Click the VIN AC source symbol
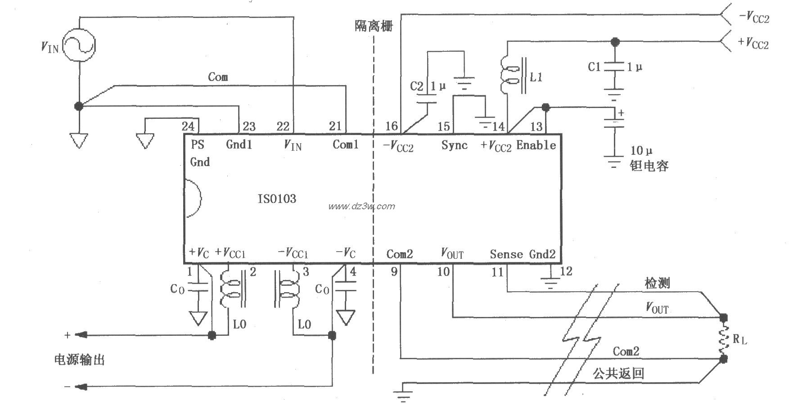coord(79,45)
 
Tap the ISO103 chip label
coord(277,199)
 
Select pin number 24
coord(188,126)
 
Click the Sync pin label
coord(454,145)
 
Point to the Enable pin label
coord(536,145)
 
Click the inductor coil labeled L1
coord(512,75)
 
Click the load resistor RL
coord(723,339)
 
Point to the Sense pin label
coord(506,254)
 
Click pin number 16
coord(392,126)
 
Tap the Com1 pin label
coord(345,145)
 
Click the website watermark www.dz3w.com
coord(361,207)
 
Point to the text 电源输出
coord(79,360)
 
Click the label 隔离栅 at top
coord(374,26)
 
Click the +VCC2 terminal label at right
coord(753,43)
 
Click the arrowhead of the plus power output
coord(81,335)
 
